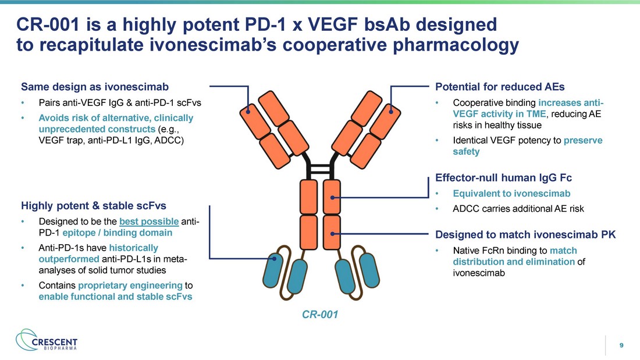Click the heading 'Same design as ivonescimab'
[95, 88]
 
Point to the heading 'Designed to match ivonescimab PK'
[525, 235]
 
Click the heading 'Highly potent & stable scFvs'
[94, 205]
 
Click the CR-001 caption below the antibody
[319, 315]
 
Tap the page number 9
[621, 346]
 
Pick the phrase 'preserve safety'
[527, 146]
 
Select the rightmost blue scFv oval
[370, 269]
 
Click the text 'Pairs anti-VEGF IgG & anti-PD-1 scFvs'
[116, 103]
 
